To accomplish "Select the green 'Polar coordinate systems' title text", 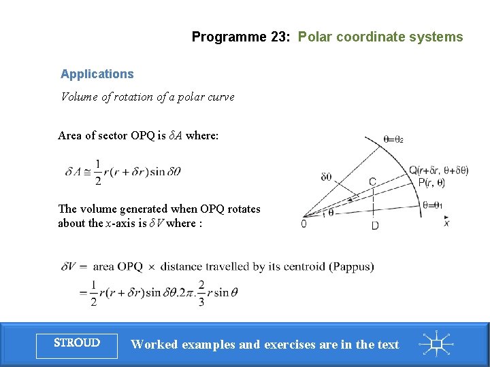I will point(380,37).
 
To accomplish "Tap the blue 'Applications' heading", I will point(97,74).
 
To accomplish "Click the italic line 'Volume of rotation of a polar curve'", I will point(148,97).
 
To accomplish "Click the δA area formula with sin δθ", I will point(123,172).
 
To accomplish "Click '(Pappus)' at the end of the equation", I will point(350,266).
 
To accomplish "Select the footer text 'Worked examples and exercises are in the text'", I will point(265,345).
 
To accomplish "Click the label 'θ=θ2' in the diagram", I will point(393,139).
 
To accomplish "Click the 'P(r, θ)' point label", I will point(431,182).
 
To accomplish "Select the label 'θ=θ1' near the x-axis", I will point(432,205).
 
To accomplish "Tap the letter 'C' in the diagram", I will point(372,181).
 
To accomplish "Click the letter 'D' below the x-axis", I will point(375,226).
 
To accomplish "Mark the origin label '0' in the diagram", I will point(304,224).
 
